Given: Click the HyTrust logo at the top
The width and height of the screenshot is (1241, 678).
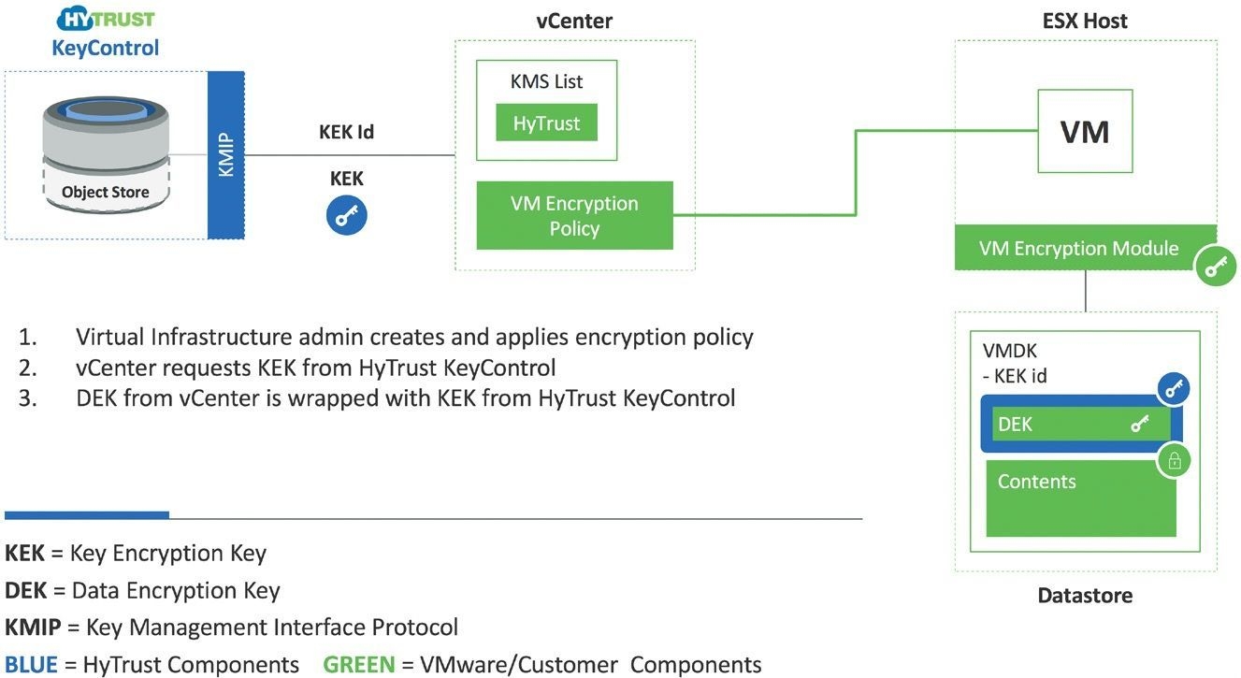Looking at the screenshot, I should tap(106, 20).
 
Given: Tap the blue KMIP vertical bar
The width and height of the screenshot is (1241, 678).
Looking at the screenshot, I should tap(224, 153).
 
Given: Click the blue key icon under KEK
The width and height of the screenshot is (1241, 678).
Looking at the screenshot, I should tap(346, 216).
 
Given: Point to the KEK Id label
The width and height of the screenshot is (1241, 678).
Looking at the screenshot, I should tap(346, 132).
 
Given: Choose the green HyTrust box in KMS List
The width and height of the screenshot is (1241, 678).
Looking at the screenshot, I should tap(546, 123).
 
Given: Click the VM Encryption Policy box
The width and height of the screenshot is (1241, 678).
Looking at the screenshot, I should tap(574, 216).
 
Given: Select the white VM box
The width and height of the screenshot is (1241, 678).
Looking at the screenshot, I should tap(1085, 131).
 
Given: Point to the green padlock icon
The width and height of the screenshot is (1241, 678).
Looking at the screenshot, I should tap(1175, 461).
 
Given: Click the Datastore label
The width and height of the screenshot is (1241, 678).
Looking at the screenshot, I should tap(1085, 596).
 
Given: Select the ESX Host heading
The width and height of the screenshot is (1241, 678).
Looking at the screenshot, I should tap(1085, 21).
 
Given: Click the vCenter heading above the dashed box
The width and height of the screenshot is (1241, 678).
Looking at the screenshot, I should tap(574, 21).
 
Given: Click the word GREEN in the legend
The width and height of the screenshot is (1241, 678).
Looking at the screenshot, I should tap(358, 665).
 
